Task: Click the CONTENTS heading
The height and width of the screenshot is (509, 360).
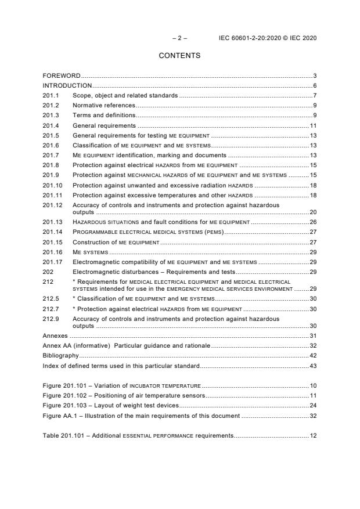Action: tap(179, 56)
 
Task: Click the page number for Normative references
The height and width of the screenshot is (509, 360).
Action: tap(314, 105)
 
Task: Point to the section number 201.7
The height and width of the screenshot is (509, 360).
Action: tap(51, 155)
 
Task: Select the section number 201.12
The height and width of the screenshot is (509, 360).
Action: tap(53, 205)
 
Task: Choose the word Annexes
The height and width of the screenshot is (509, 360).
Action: tap(55, 335)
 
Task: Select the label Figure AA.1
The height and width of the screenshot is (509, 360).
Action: tap(62, 416)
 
